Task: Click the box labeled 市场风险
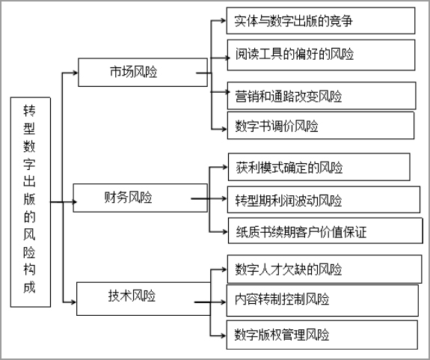(143, 72)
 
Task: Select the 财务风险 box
(140, 198)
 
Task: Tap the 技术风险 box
(144, 299)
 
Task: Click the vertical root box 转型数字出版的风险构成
(31, 202)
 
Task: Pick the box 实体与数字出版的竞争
(321, 21)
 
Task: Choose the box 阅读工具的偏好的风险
(321, 55)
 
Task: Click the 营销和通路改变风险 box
(322, 96)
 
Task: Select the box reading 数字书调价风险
(321, 126)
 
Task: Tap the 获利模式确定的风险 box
(319, 167)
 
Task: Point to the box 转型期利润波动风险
(324, 200)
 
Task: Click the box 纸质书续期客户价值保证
(325, 231)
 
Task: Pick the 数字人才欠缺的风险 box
(325, 269)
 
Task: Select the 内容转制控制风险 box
(322, 300)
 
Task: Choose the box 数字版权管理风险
(322, 335)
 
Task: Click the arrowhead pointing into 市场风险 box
(75, 73)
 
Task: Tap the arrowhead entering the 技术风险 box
(73, 302)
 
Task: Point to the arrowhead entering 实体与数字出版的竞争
(223, 20)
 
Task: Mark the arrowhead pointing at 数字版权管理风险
(223, 335)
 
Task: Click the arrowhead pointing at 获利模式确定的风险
(224, 167)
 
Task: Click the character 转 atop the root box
(29, 110)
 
